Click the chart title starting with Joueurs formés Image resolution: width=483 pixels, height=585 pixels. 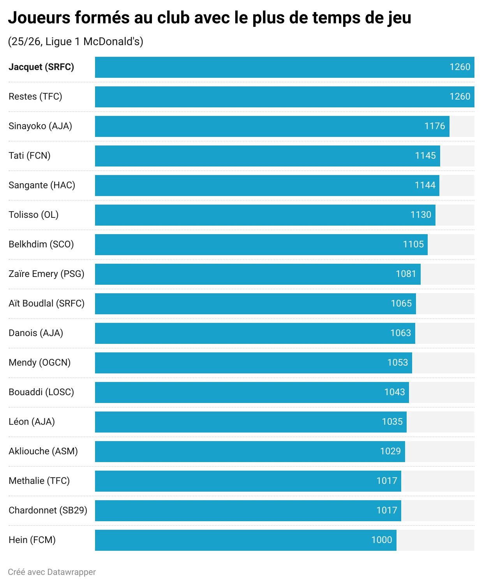[x=210, y=18]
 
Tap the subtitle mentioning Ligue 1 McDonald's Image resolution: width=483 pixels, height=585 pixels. [x=76, y=42]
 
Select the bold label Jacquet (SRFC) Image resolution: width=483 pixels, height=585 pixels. [x=41, y=67]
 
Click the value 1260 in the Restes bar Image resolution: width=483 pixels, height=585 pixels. [x=460, y=96]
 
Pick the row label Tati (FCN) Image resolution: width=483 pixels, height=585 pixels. [x=30, y=156]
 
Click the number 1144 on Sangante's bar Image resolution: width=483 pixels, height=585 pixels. [x=425, y=185]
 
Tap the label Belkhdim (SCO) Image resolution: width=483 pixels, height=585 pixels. [x=41, y=244]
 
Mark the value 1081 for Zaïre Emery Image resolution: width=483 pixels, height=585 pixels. [x=405, y=274]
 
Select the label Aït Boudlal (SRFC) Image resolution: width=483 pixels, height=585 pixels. [x=46, y=303]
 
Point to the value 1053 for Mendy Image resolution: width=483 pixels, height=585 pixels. [x=397, y=363]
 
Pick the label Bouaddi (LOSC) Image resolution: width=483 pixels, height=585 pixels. [x=41, y=392]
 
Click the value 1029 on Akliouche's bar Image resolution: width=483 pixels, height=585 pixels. [x=390, y=451]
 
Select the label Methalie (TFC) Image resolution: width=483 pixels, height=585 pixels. [x=39, y=481]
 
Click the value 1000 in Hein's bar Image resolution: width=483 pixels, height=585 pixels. [x=381, y=540]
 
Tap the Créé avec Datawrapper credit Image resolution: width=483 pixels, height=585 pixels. [x=52, y=572]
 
